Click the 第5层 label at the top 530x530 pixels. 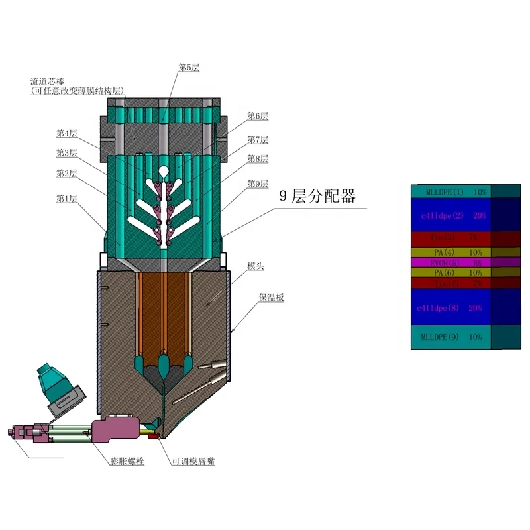coord(189,68)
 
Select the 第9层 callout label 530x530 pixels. coord(258,184)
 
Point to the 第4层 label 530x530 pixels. coord(66,133)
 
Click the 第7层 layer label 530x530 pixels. coord(258,140)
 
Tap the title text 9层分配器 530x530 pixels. coord(317,196)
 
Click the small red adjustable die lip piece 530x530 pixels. coord(152,435)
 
